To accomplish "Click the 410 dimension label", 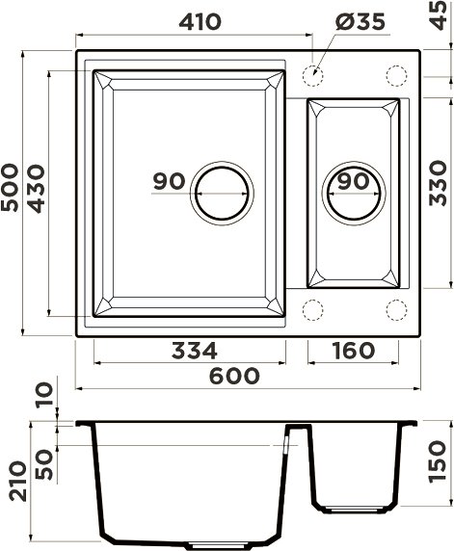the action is pos(200,22).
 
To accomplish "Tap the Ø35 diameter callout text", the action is pos(361,22).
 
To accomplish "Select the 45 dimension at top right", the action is pos(439,15).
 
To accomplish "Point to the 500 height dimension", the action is pos(10,187).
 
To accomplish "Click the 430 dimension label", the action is pos(37,189).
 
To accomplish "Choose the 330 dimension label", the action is pos(438,183).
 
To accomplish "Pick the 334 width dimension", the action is pos(195,351).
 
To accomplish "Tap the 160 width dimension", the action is pos(354,351).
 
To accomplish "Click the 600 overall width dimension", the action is pos(234,376).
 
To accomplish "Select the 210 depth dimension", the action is pos(18,481).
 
